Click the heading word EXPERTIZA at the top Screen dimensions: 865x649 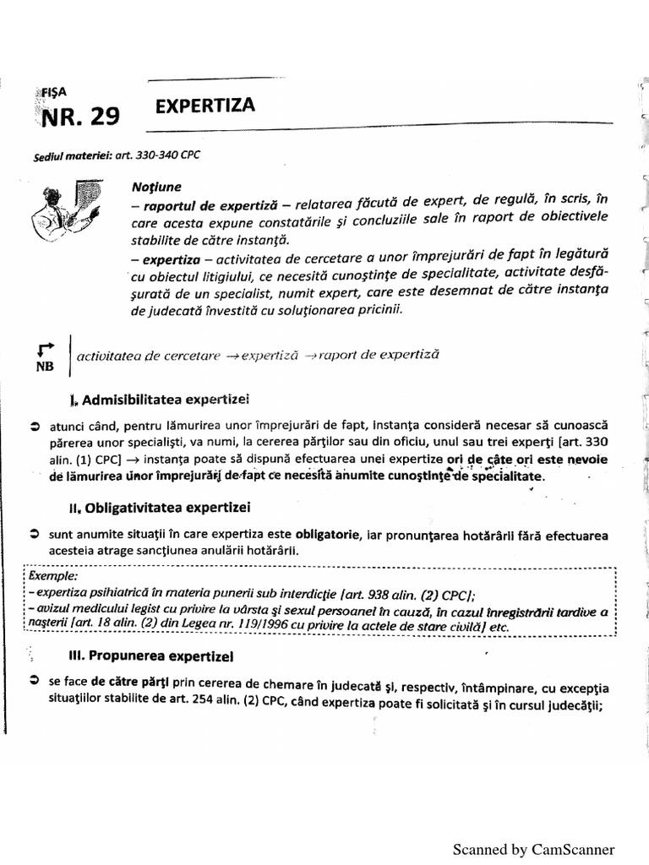pos(205,106)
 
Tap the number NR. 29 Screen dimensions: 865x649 pos(81,116)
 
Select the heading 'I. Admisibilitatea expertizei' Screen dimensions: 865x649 pos(161,398)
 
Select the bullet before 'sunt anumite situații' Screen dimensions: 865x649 pos(34,535)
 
